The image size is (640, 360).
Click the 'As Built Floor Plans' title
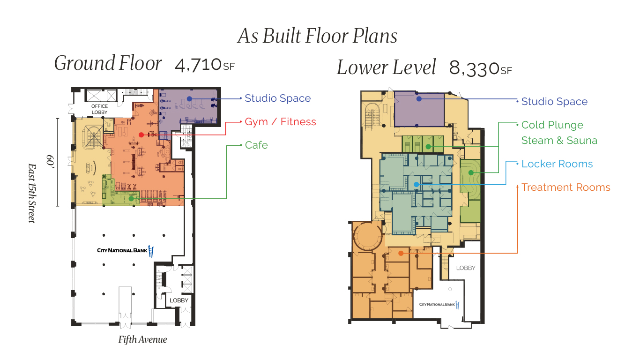(318, 36)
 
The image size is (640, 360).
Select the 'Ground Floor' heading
(108, 64)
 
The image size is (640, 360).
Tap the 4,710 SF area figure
(204, 66)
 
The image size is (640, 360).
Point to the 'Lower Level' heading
(386, 67)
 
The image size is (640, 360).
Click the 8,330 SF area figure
(480, 69)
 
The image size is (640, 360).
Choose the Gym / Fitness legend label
(280, 122)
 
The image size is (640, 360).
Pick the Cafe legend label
(256, 145)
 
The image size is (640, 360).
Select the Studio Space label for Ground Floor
(278, 98)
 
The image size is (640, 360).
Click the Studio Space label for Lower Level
(554, 102)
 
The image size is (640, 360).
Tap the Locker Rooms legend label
(557, 164)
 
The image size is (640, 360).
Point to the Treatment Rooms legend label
(566, 187)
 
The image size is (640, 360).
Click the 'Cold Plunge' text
(552, 125)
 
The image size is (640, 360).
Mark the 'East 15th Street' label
(31, 193)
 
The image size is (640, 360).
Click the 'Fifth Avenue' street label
(142, 339)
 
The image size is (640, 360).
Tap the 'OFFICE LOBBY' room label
(99, 109)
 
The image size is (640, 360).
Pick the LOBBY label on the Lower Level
(466, 268)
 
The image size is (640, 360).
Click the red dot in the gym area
(141, 135)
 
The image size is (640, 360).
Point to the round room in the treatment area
(368, 237)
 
